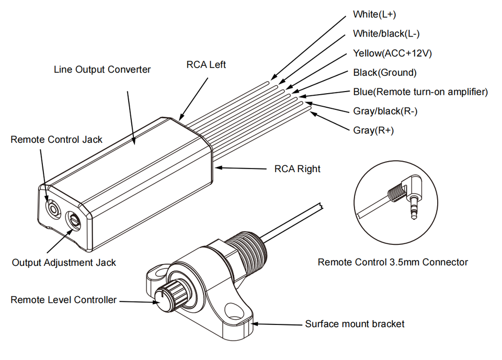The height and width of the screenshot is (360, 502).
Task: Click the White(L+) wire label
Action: (374, 15)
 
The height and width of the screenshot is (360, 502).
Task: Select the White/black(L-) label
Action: (386, 33)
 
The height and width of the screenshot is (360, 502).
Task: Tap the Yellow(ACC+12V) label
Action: (392, 53)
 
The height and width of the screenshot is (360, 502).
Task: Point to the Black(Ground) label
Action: (384, 73)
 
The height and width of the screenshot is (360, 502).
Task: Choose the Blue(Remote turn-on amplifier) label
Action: (420, 92)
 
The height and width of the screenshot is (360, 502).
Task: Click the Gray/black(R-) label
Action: (385, 111)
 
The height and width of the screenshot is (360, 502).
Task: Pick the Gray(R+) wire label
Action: (373, 130)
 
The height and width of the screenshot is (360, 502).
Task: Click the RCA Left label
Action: (206, 65)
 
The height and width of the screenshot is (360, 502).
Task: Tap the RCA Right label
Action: (297, 169)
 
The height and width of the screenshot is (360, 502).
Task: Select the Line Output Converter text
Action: (102, 70)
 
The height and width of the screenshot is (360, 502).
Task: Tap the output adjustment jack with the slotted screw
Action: (73, 220)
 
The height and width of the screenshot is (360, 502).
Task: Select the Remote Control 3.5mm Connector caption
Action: (393, 262)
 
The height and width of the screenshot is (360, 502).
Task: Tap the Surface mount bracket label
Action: (355, 324)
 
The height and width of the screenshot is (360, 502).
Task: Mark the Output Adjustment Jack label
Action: (64, 263)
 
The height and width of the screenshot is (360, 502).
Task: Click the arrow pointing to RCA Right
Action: (241, 168)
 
